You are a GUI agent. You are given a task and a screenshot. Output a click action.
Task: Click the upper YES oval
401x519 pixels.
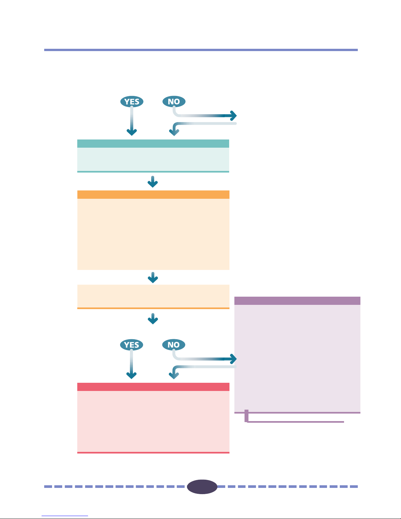(x=132, y=102)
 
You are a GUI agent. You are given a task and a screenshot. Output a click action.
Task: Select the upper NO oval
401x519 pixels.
(x=174, y=102)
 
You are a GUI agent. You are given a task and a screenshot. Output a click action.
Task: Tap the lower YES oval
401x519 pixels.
(x=132, y=345)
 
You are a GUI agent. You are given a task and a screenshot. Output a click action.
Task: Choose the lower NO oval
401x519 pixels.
(x=174, y=345)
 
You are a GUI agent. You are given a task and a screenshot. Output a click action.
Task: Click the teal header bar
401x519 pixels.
(x=153, y=143)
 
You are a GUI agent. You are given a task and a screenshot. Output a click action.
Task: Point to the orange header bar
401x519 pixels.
(x=153, y=195)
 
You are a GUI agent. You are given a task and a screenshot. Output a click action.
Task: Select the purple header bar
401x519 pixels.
(x=297, y=301)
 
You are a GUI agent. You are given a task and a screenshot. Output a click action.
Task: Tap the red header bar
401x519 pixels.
(x=153, y=387)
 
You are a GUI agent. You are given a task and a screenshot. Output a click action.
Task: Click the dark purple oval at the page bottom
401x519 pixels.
(x=202, y=487)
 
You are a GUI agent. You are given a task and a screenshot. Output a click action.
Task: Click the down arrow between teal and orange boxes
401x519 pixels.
(x=153, y=182)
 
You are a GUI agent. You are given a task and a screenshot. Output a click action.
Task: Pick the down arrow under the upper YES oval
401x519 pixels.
(x=132, y=121)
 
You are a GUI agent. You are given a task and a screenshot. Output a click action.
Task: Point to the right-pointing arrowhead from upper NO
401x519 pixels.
(x=231, y=116)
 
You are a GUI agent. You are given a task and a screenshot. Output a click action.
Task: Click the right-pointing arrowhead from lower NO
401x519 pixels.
(x=231, y=359)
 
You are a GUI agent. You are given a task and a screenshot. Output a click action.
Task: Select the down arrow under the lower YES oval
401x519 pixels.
(x=132, y=364)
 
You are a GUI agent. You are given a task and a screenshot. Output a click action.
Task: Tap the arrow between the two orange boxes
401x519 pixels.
(x=153, y=278)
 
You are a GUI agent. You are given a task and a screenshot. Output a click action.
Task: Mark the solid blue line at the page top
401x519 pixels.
(x=201, y=50)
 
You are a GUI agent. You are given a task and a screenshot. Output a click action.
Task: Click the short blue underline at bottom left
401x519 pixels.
(x=65, y=516)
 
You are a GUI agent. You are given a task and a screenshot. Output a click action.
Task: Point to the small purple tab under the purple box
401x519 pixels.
(x=246, y=416)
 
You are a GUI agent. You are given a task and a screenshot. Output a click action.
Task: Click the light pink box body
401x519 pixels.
(x=153, y=421)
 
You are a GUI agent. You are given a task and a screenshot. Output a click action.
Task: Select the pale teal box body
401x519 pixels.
(x=153, y=159)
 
